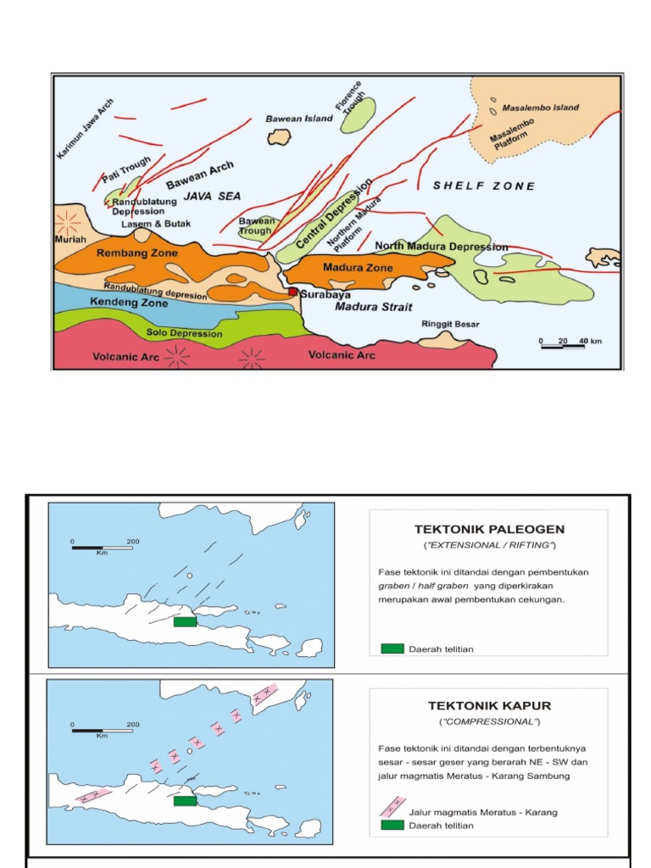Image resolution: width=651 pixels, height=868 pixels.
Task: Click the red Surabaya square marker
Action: click(x=293, y=292)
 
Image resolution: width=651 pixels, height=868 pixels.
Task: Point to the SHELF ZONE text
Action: click(x=484, y=186)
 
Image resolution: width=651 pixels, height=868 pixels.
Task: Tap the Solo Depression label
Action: click(x=184, y=333)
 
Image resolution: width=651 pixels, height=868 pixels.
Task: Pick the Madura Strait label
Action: click(x=366, y=306)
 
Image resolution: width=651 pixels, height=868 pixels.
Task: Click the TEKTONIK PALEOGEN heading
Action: click(x=488, y=530)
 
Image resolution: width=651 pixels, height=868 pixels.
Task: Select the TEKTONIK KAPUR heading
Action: click(x=488, y=705)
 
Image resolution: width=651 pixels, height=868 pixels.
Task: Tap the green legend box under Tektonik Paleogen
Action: click(x=392, y=648)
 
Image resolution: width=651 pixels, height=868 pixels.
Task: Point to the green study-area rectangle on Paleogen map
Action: click(x=185, y=621)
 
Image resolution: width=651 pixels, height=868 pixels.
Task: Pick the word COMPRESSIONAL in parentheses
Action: click(x=488, y=722)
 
